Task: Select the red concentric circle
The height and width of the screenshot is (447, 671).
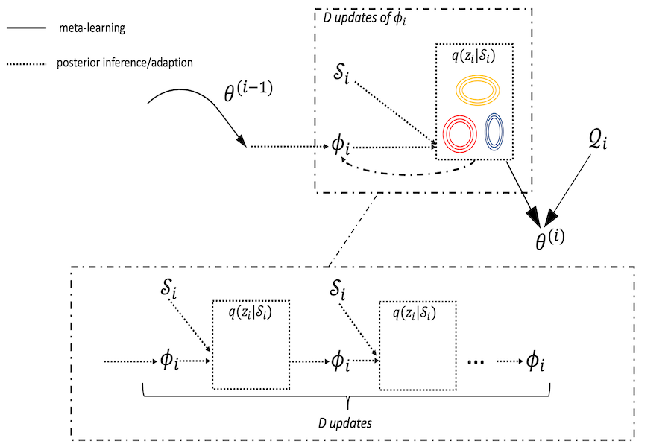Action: pos(460,134)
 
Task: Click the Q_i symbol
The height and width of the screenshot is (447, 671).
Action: pos(598,141)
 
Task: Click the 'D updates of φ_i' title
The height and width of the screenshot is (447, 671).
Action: pos(363,19)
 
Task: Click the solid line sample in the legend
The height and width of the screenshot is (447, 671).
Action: pos(27,28)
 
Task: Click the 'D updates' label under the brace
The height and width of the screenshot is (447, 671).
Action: pos(349,422)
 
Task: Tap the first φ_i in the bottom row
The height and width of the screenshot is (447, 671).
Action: pos(169,361)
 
